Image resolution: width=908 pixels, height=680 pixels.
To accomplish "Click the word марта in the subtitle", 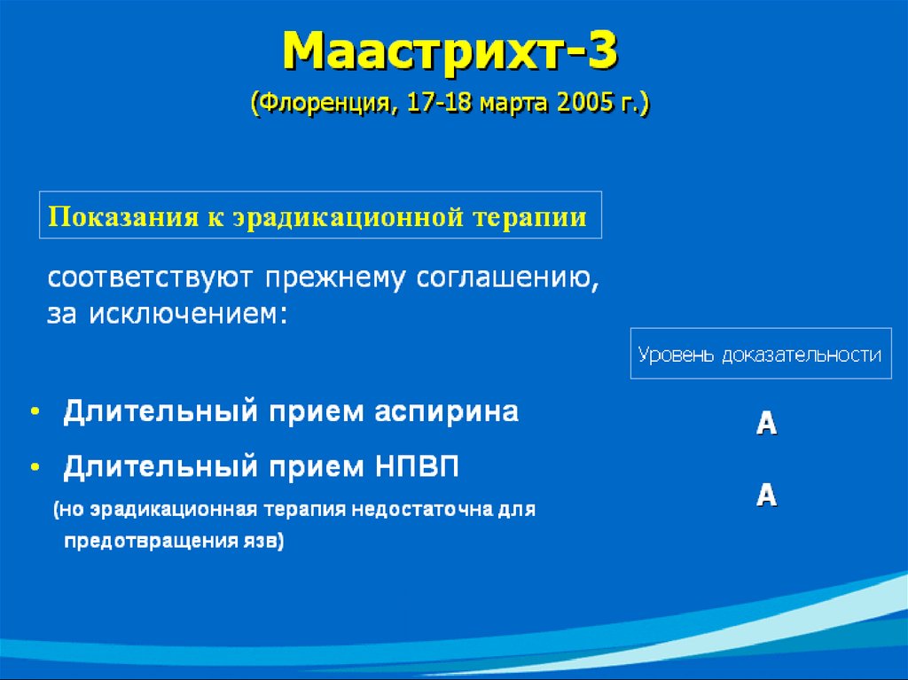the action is click(x=513, y=104).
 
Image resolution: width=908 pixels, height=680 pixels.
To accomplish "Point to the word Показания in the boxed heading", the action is click(x=123, y=216).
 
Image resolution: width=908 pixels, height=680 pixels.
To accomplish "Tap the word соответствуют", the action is click(x=150, y=278).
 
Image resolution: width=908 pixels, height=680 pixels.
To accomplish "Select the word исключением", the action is click(x=188, y=314).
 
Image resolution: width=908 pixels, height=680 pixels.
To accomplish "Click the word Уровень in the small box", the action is click(x=676, y=355).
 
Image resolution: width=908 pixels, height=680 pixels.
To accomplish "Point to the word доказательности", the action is click(x=802, y=355).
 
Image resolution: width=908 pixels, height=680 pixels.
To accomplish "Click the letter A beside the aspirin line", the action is click(x=766, y=423).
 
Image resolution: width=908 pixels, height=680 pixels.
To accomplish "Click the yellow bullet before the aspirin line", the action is click(x=35, y=411).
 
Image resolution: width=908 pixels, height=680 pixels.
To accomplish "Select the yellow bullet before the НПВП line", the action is click(x=35, y=465).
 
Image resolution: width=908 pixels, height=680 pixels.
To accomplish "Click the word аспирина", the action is click(x=447, y=413).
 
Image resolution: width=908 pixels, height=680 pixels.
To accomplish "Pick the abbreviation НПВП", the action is click(x=417, y=466).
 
